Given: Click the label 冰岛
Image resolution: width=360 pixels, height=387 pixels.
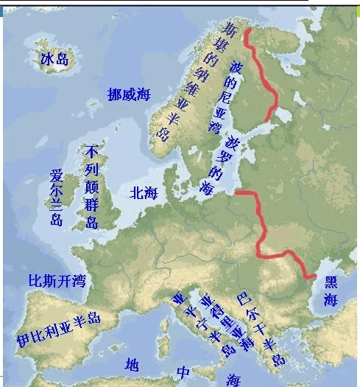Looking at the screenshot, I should (x=54, y=59).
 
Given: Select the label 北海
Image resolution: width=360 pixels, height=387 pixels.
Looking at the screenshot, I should (x=144, y=193).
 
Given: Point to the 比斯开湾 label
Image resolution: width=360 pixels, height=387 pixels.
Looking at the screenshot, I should (x=57, y=281).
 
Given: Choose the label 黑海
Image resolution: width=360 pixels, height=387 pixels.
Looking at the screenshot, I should (x=331, y=290).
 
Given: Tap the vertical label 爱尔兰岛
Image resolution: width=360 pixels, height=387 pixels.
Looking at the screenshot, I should (x=56, y=198).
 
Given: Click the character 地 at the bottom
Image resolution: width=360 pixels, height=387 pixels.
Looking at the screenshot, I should (x=131, y=365).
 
